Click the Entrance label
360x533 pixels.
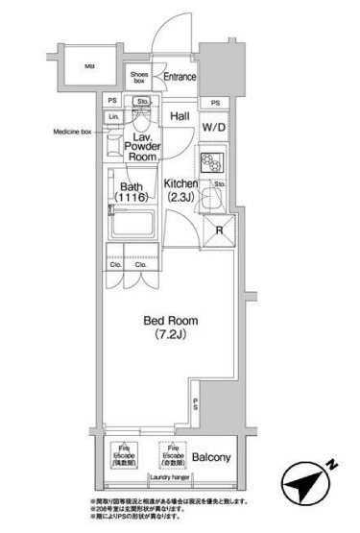[179, 78]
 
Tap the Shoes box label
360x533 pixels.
[141, 78]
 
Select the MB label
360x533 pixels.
[88, 66]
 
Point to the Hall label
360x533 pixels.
[180, 116]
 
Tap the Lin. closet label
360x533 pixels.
[113, 117]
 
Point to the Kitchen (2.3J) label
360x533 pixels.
[180, 190]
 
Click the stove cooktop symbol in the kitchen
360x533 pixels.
[211, 160]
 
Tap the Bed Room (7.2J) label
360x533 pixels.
[163, 331]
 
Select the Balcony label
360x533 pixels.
[210, 457]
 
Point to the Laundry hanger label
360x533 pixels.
[167, 476]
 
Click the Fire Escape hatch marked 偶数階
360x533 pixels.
[126, 454]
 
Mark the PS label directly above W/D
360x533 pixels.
[215, 103]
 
